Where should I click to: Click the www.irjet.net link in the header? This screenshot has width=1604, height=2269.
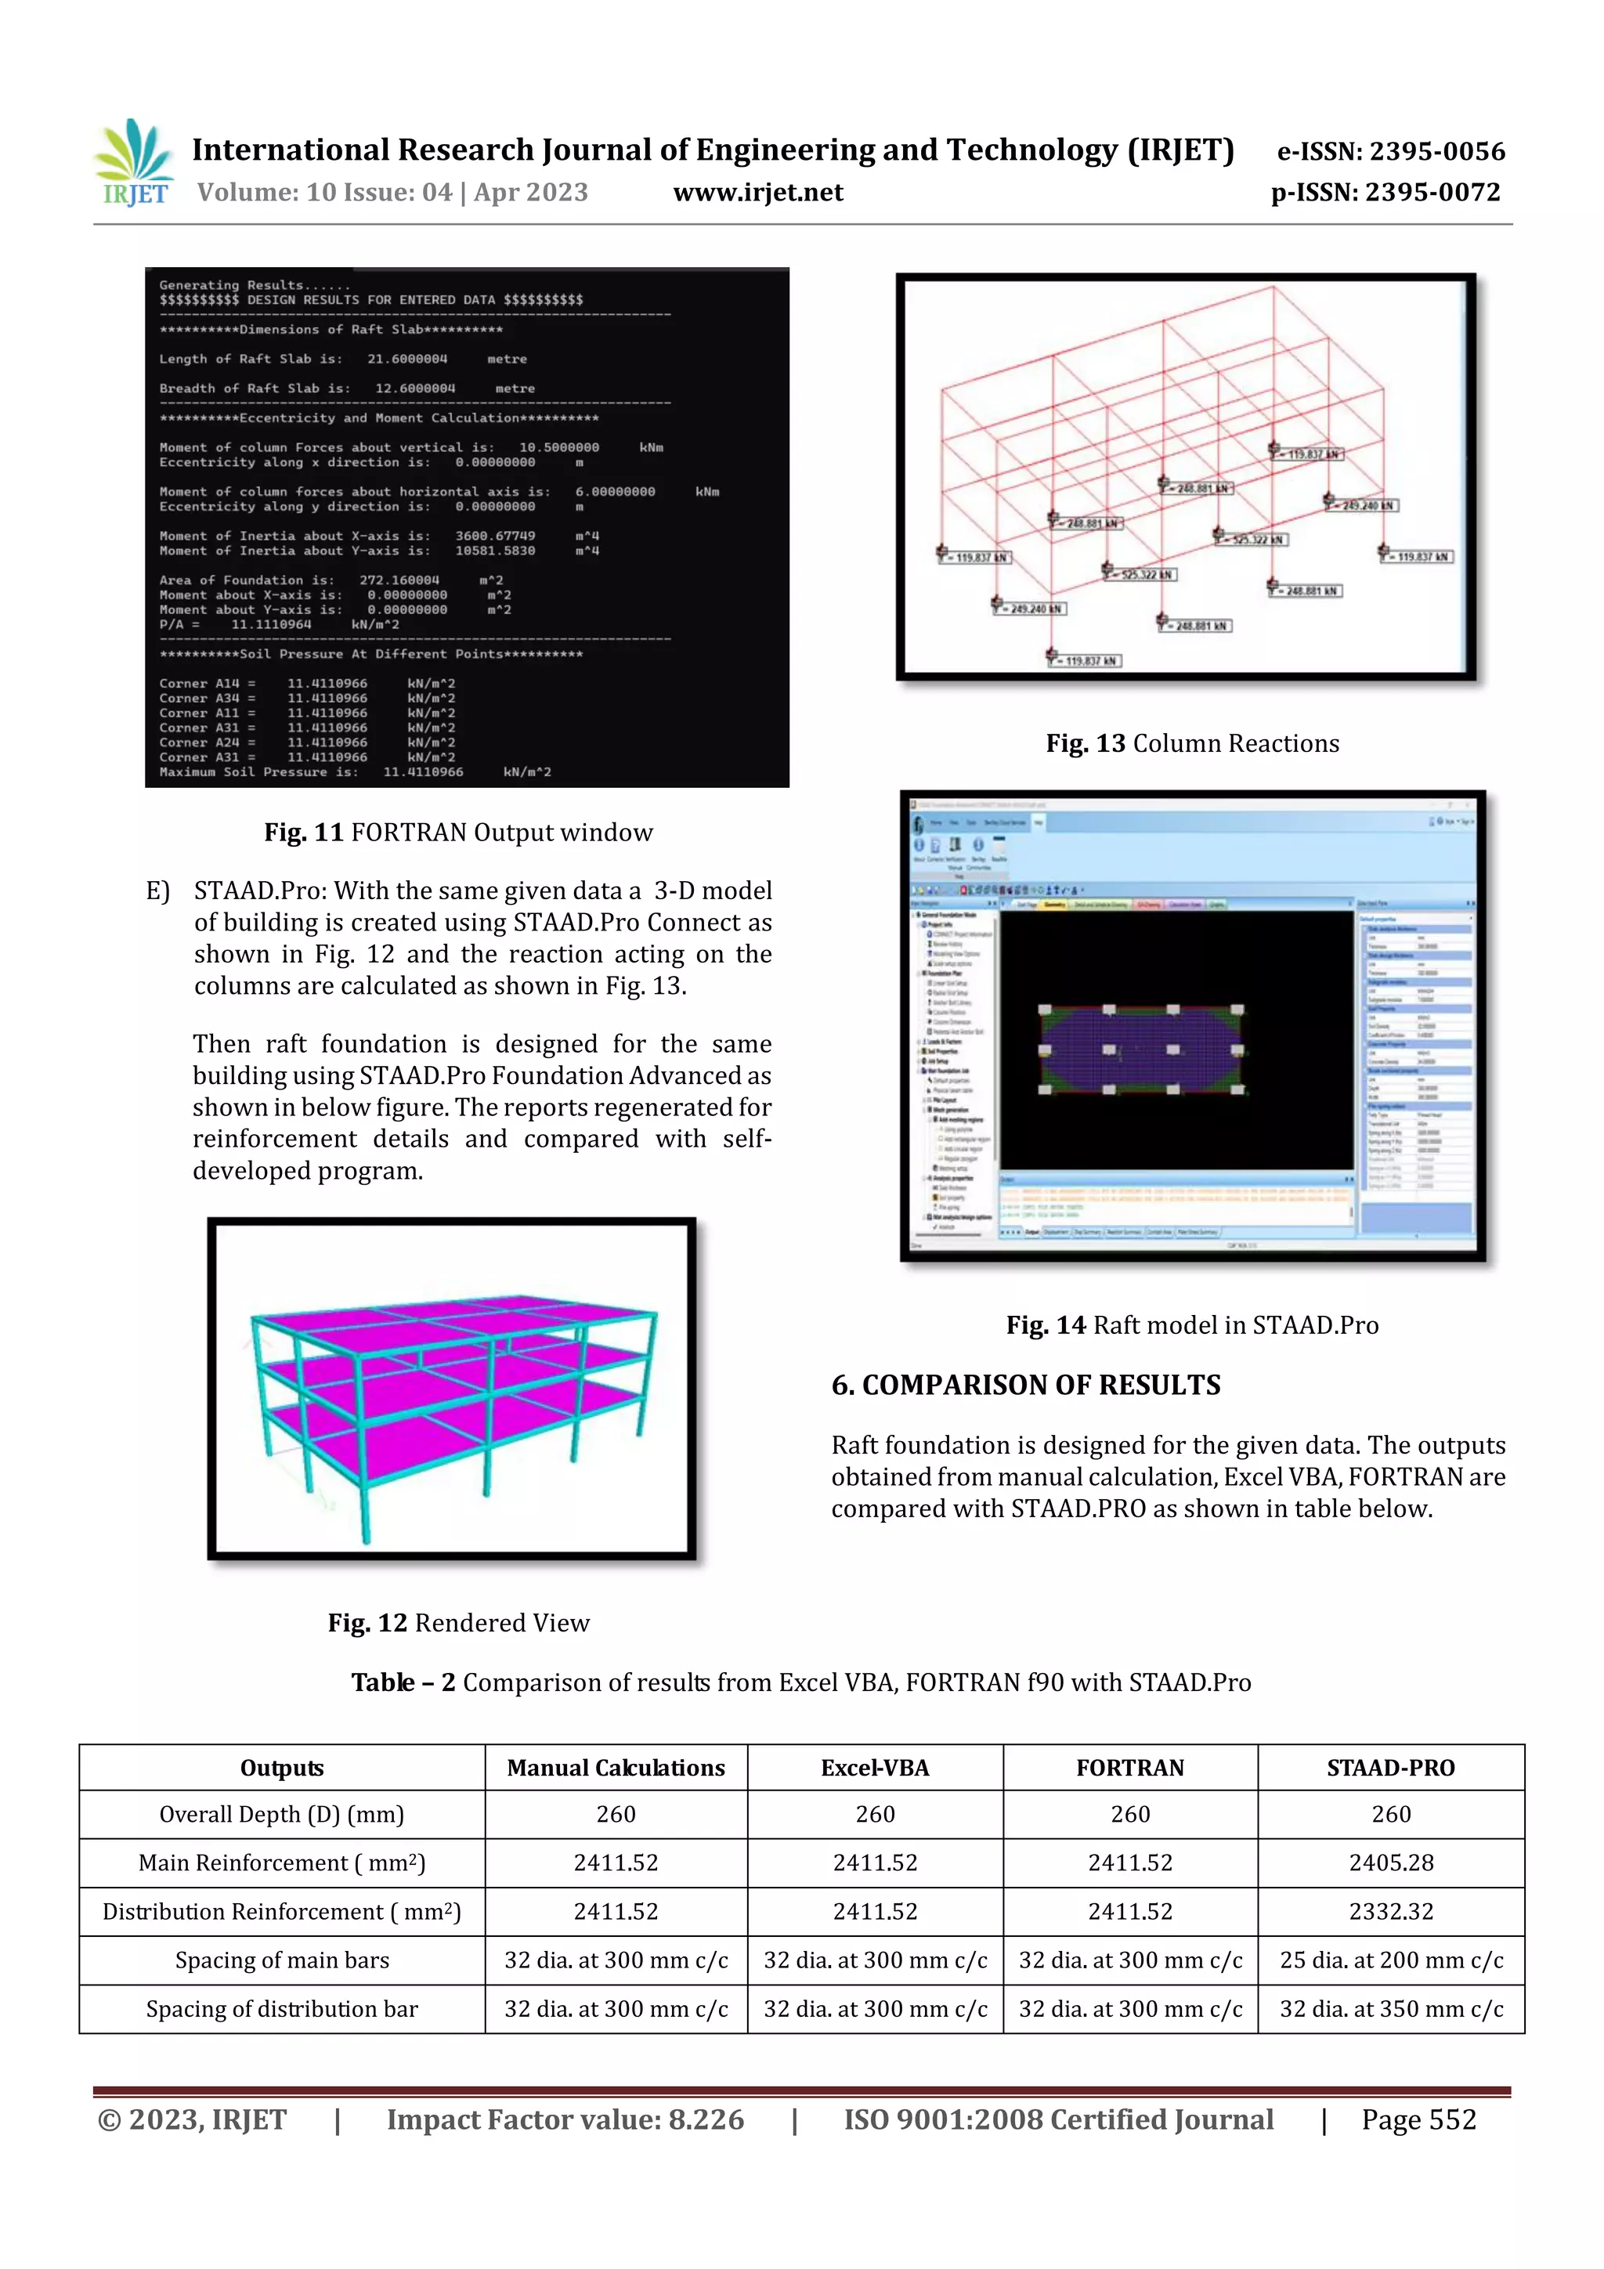[x=758, y=193]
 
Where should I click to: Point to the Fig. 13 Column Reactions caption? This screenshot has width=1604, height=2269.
[x=1192, y=743]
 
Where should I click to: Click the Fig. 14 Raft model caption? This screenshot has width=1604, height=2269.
[x=1192, y=1324]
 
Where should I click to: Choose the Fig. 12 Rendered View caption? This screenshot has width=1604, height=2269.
[x=459, y=1623]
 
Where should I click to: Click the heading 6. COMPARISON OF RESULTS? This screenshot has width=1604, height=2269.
[x=1026, y=1385]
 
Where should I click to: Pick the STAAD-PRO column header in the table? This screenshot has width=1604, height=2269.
[x=1390, y=1768]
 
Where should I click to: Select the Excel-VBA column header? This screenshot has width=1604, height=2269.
[x=875, y=1768]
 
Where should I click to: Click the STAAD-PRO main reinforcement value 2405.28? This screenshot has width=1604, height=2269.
[x=1390, y=1863]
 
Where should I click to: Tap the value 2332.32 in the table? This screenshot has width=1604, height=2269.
[x=1390, y=1911]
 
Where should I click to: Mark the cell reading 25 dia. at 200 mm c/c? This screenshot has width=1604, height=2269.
[x=1390, y=1960]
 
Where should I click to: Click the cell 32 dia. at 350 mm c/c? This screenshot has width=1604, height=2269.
[x=1390, y=2009]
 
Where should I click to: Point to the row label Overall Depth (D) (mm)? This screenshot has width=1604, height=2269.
[x=282, y=1815]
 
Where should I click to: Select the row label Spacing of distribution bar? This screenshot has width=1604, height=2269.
[x=282, y=2009]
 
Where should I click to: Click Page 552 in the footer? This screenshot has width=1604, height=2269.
[x=1418, y=2119]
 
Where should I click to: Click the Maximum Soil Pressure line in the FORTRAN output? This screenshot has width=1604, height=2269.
[x=356, y=771]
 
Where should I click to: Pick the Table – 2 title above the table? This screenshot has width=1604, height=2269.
[x=800, y=1682]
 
